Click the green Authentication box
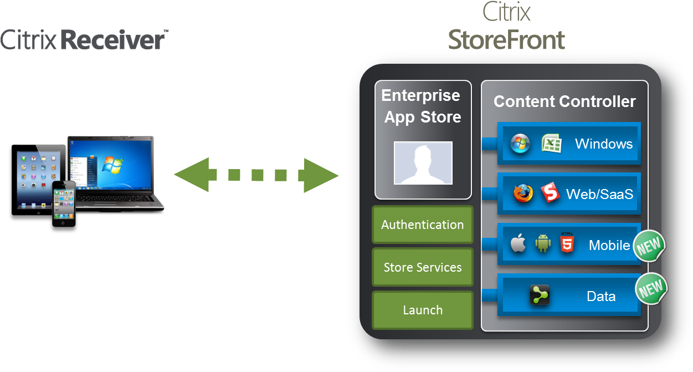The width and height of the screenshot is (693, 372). tap(422, 225)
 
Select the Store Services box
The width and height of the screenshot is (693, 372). tap(422, 267)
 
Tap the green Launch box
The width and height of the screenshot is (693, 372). tap(422, 310)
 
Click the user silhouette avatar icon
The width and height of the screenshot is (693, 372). tap(423, 163)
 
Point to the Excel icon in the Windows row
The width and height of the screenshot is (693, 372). tap(551, 144)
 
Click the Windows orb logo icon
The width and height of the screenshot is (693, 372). tap(520, 144)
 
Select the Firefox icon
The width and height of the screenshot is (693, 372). tap(522, 193)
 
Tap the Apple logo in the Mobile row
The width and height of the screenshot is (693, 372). tap(518, 243)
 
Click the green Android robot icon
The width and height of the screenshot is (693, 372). tap(543, 243)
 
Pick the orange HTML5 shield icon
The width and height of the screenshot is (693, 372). tap(567, 243)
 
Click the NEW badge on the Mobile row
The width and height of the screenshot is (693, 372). tap(649, 246)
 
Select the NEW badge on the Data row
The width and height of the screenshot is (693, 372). tap(651, 288)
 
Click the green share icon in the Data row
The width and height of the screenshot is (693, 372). tap(540, 295)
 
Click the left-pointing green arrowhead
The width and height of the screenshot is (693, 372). tap(191, 175)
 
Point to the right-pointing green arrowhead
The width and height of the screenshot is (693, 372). tap(321, 176)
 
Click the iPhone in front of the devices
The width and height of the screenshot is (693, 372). tap(64, 203)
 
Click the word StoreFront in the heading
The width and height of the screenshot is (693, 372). tap(506, 40)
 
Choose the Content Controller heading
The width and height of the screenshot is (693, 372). tap(564, 101)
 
